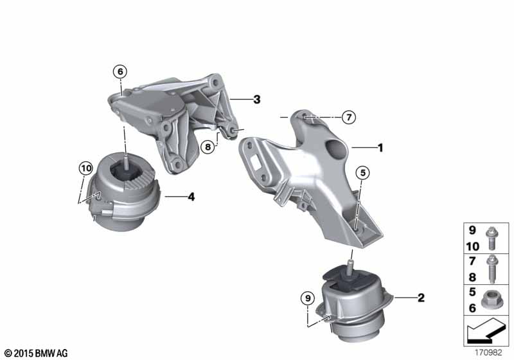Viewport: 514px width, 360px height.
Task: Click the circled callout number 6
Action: coord(120,71)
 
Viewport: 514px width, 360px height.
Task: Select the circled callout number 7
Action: coord(348,117)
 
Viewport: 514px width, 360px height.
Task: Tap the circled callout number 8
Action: coord(208,147)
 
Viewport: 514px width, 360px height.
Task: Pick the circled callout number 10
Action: coord(85,168)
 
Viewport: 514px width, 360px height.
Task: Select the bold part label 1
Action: coord(380,148)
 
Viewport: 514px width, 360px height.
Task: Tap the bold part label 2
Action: coord(421,298)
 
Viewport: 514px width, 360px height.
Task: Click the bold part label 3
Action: coord(256,100)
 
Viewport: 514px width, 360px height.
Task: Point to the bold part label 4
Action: coord(191,197)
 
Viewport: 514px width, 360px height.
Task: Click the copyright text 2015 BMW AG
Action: coord(35,353)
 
